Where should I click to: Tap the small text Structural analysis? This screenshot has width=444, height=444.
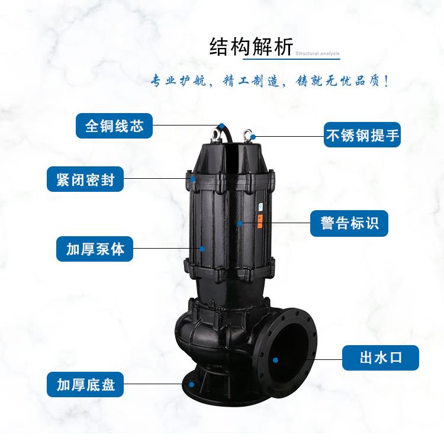[x=317, y=54]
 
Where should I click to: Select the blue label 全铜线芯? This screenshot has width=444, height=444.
[x=114, y=126]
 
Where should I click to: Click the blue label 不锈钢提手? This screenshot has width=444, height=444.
[x=362, y=136]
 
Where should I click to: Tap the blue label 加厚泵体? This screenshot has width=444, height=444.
[x=95, y=249]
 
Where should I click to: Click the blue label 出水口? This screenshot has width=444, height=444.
[x=381, y=358]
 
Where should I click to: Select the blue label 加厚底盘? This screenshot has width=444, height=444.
[x=85, y=385]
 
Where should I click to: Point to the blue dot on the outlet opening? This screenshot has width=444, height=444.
[x=275, y=359]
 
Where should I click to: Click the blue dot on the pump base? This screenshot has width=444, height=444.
[x=191, y=384]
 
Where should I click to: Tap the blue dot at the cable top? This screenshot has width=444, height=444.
[x=220, y=126]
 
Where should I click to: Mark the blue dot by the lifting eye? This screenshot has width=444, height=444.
[x=253, y=137]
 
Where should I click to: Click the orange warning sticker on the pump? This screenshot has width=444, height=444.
[x=259, y=221]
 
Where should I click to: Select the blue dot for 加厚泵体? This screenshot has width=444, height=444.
[x=201, y=249]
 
